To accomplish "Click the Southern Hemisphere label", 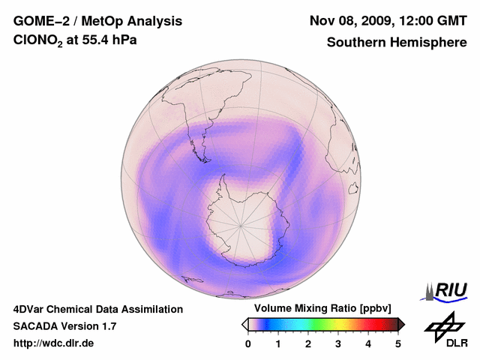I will click(x=396, y=43).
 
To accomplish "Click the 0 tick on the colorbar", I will click(x=248, y=343).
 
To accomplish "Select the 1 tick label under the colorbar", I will click(x=278, y=343).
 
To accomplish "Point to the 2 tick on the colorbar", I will click(x=308, y=343).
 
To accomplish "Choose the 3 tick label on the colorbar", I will click(x=338, y=343).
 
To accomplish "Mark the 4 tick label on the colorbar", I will click(x=368, y=343).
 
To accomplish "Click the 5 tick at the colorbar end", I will click(x=398, y=343).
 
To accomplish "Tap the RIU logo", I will click(x=446, y=290).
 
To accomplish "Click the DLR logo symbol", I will click(x=442, y=324).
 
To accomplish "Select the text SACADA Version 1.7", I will click(x=64, y=326).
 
